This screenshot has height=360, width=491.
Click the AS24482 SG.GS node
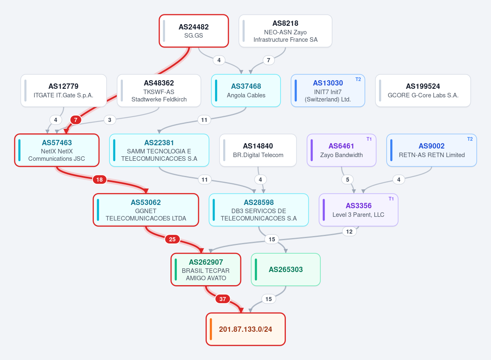[194, 31]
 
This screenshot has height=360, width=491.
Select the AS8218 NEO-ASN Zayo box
[285, 31]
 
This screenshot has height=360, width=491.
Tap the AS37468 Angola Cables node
[246, 90]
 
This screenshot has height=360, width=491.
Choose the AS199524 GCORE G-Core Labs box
[423, 90]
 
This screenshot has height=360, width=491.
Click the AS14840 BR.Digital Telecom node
[258, 150]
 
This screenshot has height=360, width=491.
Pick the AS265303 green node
[285, 270]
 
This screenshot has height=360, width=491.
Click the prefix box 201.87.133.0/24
[246, 329]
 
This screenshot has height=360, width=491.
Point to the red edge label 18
[100, 180]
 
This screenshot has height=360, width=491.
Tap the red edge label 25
[172, 239]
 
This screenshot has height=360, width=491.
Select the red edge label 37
[223, 299]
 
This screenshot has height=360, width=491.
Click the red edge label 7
[75, 120]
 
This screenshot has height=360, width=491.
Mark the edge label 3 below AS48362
[110, 120]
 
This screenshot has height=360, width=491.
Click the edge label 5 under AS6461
[348, 180]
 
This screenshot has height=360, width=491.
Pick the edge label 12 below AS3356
[349, 232]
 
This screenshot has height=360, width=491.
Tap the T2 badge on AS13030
[358, 79]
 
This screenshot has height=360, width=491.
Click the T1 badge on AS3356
[391, 198]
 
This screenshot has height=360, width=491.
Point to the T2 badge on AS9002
[470, 139]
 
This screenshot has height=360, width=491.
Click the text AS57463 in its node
[57, 143]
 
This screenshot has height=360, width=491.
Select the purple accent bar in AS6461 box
[312, 150]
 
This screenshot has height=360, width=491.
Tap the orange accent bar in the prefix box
[211, 329]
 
